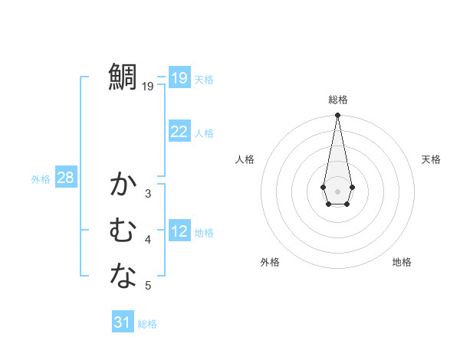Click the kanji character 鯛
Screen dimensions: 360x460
[123, 77]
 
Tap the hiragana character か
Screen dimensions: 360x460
[123, 185]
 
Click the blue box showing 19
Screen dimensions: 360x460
[179, 77]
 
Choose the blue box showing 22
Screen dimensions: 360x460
[179, 132]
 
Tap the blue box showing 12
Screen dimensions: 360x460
[179, 231]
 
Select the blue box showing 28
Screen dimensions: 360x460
[65, 178]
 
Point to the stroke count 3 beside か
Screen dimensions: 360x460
[148, 194]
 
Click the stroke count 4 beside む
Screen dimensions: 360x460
[148, 240]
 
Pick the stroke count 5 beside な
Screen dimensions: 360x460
[148, 286]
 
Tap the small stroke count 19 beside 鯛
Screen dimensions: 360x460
[148, 87]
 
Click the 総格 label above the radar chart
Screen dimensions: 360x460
[337, 100]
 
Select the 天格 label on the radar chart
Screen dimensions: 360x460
[431, 159]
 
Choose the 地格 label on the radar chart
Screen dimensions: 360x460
[402, 262]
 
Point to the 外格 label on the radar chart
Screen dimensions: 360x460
[270, 262]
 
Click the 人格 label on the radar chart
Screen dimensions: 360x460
[245, 159]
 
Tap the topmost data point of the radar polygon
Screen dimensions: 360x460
[337, 115]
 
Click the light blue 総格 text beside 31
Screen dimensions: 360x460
[147, 324]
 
